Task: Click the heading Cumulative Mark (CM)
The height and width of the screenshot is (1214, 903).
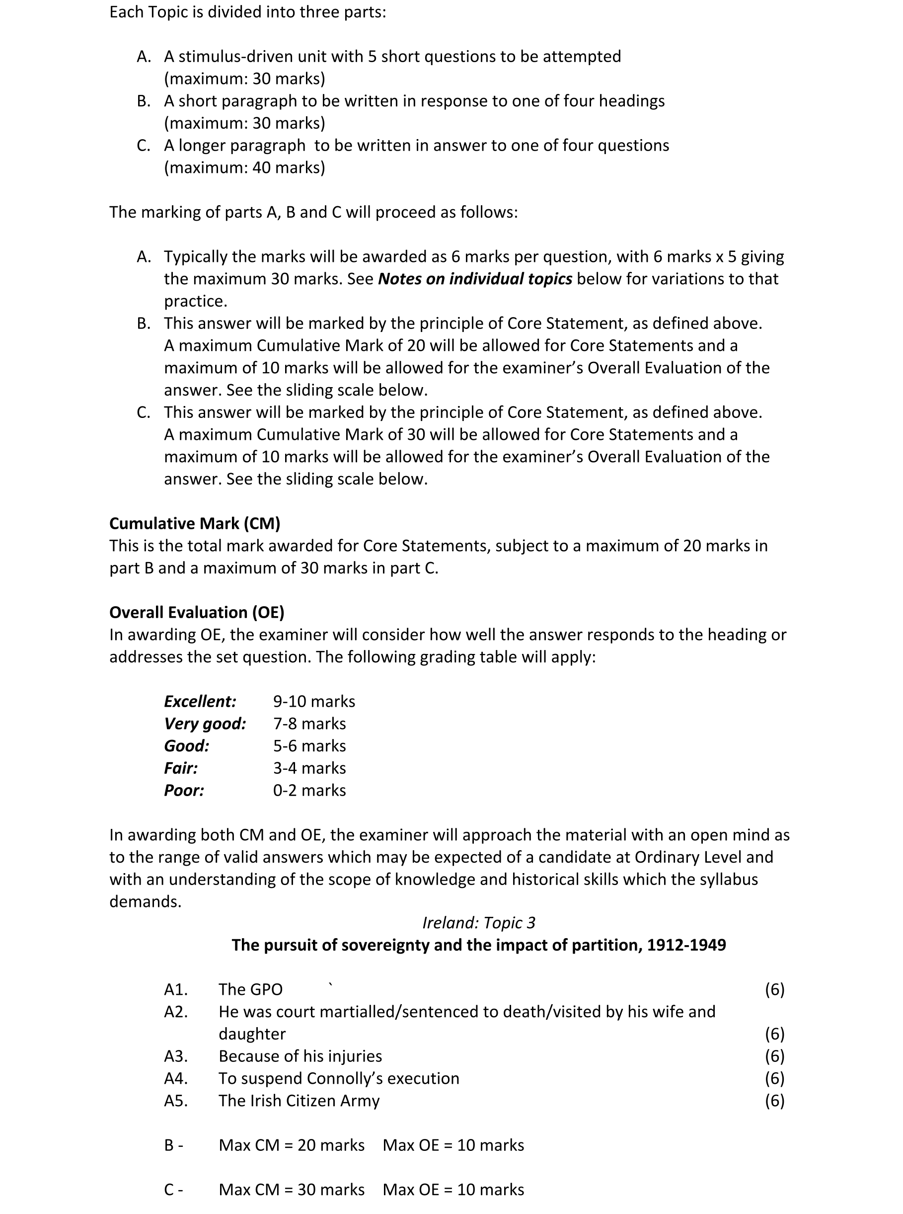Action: [x=195, y=523]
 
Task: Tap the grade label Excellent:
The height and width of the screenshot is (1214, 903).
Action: [x=200, y=701]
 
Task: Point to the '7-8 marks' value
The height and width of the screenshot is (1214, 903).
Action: [x=309, y=724]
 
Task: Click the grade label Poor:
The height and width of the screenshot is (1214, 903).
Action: [x=184, y=790]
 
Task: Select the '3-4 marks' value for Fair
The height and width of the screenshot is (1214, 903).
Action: [x=309, y=768]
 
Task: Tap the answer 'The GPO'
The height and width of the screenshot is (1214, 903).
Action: [x=250, y=989]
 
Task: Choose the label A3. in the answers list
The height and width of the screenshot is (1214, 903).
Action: [x=176, y=1056]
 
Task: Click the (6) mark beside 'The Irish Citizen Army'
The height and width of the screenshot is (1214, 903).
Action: [x=774, y=1100]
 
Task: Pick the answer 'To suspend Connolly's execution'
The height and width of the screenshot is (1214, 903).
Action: [x=339, y=1078]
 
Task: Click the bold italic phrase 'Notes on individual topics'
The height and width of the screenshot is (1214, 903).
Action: [x=475, y=279]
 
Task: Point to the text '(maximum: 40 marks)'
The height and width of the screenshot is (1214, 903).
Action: [x=244, y=167]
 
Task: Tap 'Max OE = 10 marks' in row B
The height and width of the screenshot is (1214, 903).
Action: [x=453, y=1145]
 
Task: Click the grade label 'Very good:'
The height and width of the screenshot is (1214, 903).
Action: [x=205, y=724]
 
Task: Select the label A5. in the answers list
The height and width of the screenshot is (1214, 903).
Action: [x=176, y=1100]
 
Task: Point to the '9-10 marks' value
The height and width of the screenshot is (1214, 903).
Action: [x=314, y=701]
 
